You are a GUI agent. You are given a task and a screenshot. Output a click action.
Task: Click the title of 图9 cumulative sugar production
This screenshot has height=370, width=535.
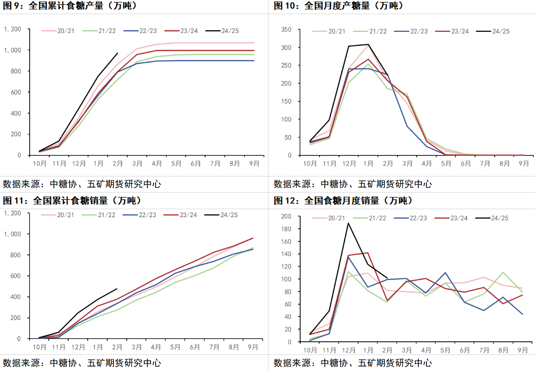click(x=70, y=6)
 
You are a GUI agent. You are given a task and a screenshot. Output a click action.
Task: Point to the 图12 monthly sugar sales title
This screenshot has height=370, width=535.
click(x=343, y=200)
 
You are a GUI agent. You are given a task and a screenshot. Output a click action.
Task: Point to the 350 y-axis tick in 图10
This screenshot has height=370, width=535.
click(x=286, y=30)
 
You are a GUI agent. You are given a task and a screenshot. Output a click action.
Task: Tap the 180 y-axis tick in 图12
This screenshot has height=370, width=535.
click(x=286, y=229)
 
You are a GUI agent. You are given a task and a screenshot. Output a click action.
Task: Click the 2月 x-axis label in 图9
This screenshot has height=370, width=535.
click(x=117, y=164)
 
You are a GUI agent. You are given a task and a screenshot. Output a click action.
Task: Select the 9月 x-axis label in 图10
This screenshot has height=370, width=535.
click(x=524, y=164)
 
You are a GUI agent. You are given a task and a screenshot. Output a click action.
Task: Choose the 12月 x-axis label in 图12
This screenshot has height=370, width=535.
click(x=348, y=350)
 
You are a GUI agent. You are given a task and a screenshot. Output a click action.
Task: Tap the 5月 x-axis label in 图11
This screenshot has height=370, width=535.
click(x=175, y=347)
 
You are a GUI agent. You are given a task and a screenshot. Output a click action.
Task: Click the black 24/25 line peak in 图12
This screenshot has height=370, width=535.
click(x=348, y=223)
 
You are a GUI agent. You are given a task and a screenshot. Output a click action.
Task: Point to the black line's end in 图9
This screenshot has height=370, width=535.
click(x=117, y=53)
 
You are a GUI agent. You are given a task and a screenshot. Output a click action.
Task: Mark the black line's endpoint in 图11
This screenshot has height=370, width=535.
click(x=117, y=289)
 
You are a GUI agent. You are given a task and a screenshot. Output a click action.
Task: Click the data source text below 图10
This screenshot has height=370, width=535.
click(x=352, y=184)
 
